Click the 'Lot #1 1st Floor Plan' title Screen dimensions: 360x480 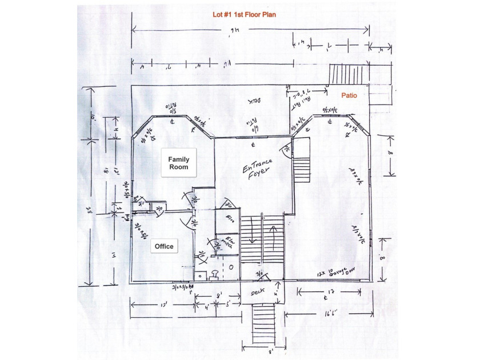coord(241,15)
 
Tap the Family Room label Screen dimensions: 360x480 coord(178,163)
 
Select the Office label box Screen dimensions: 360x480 coord(164,246)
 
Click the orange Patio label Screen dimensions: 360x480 coord(349,96)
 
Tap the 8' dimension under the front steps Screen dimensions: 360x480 coord(265,356)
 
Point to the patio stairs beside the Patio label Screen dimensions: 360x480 coord(343,75)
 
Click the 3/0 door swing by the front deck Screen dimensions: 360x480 coord(259,275)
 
